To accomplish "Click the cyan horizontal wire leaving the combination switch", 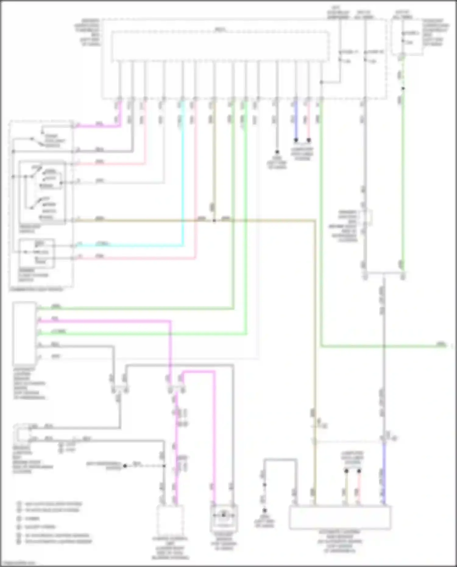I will (x=128, y=246).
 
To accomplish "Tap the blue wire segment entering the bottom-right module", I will (x=384, y=475).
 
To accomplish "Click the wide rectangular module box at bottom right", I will (x=340, y=518).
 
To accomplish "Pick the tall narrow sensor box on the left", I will (x=24, y=334).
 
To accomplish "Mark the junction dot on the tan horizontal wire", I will (x=214, y=221).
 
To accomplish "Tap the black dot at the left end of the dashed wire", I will (x=125, y=466).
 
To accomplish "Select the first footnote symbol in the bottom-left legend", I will (x=19, y=504).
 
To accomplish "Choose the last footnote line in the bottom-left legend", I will (x=55, y=542).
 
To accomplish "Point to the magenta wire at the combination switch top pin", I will (x=97, y=125).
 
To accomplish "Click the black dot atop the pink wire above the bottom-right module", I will (x=359, y=471).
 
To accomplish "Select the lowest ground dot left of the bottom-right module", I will (x=264, y=510).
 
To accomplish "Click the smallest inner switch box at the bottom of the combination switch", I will (x=37, y=253).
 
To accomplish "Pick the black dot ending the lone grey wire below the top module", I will (x=277, y=152).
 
